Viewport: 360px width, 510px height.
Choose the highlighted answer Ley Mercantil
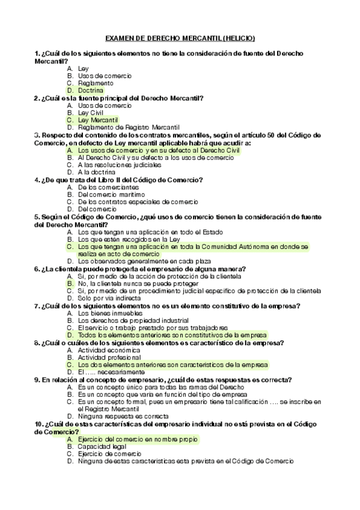click(x=98, y=120)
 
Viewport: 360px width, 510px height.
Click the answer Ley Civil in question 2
click(x=91, y=112)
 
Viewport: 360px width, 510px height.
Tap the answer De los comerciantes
click(x=104, y=187)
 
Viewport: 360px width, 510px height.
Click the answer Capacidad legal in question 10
click(x=102, y=446)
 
